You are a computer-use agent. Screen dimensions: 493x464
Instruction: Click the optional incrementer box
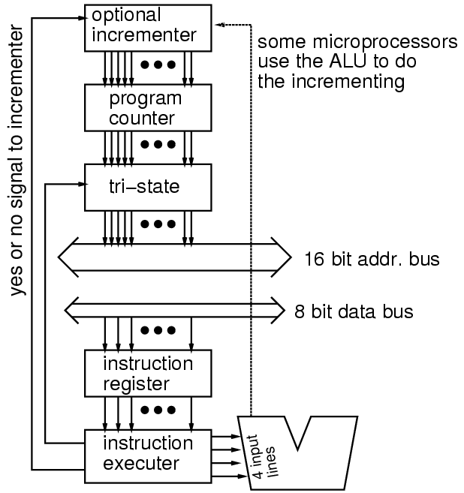coord(143,26)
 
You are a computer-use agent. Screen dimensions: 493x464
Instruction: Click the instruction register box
coord(143,374)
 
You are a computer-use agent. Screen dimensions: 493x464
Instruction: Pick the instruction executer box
coord(143,455)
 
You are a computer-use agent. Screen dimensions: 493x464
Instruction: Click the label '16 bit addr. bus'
coord(372,260)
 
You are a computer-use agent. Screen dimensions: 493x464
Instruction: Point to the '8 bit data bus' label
coord(354,311)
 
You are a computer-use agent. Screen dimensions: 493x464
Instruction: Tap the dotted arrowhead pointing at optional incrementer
coord(218,25)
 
